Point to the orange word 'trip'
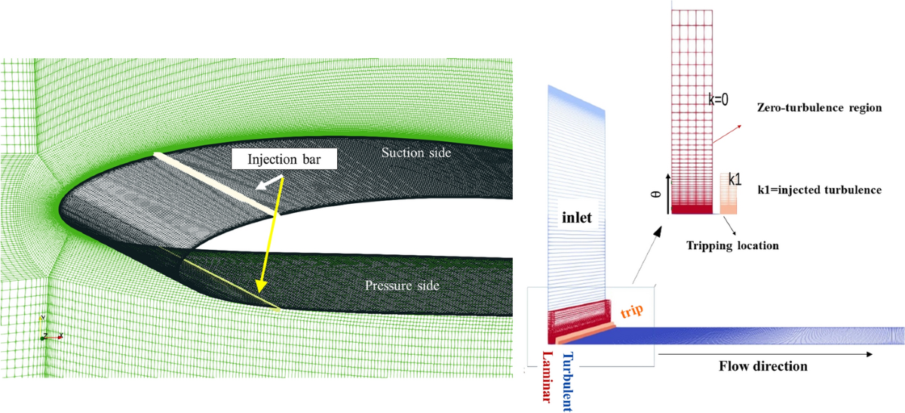[632, 311]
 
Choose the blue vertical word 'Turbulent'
[568, 380]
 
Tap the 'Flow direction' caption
[763, 366]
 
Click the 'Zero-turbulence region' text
[819, 108]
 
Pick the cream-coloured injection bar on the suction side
[213, 183]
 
